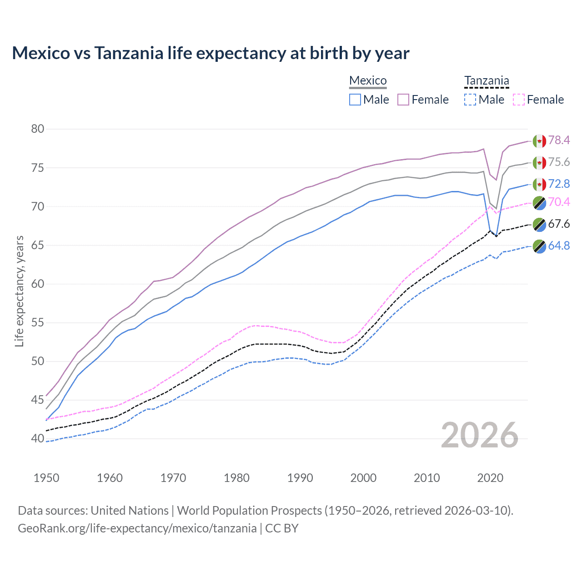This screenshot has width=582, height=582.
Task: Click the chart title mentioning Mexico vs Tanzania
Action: click(211, 53)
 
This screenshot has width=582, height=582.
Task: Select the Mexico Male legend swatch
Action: click(355, 100)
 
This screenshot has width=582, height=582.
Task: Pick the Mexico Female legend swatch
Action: click(403, 100)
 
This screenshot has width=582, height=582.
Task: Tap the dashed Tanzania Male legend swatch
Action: click(470, 100)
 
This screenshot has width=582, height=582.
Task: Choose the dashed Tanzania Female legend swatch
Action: click(518, 100)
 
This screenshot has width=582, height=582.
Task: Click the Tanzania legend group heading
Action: click(487, 81)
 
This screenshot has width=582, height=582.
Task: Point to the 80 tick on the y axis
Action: click(38, 129)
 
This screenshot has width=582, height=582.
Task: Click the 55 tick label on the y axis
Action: click(38, 323)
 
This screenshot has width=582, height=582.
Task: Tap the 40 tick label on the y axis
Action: click(38, 439)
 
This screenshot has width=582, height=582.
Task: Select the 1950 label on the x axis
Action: click(46, 478)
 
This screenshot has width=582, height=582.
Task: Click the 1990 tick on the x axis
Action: click(300, 478)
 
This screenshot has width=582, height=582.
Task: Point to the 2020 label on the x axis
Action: click(490, 478)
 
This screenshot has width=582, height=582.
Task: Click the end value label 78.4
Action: click(559, 140)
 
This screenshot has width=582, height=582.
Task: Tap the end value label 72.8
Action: click(559, 184)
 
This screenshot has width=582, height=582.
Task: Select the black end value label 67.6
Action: click(559, 224)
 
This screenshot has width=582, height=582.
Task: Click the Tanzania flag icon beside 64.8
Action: click(539, 246)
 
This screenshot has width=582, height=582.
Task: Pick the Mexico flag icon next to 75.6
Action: click(539, 162)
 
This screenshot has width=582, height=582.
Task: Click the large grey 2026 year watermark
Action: click(480, 435)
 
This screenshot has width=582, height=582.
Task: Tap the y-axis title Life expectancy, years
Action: click(20, 291)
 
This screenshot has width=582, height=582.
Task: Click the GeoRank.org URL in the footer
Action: click(137, 528)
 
